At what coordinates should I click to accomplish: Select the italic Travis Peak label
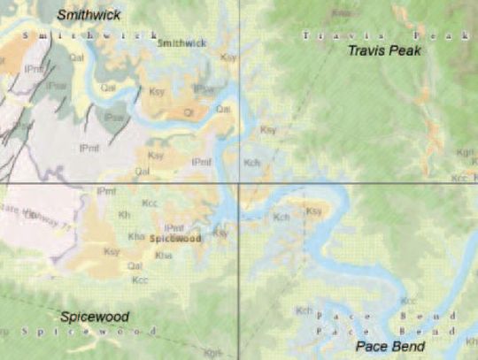coord(383,50)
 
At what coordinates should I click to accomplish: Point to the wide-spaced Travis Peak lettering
coord(381,35)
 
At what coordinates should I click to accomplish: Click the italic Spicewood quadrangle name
coord(95,317)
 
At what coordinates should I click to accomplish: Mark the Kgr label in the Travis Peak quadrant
coord(465,152)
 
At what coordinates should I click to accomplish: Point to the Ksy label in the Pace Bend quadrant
coord(313,211)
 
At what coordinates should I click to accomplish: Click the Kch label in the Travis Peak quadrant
coord(252,163)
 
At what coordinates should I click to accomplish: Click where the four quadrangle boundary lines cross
coord(239,183)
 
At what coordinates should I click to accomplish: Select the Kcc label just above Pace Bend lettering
coord(452,315)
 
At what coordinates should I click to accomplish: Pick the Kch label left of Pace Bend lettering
coord(304,310)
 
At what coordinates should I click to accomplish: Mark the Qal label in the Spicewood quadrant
coord(135,264)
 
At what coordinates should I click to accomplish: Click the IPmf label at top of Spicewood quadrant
coord(105,191)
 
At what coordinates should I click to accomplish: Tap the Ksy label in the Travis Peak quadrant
coord(267,130)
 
